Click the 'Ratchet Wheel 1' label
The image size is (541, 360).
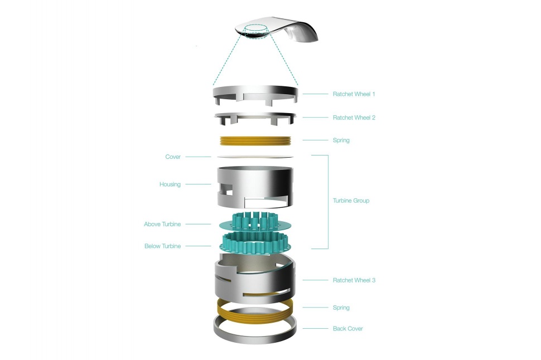point(354,94)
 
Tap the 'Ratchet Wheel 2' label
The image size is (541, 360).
point(354,118)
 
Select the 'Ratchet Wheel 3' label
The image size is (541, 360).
point(354,280)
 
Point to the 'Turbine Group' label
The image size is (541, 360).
point(351,201)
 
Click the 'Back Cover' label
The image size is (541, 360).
point(348,329)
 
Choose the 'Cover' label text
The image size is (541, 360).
point(173,157)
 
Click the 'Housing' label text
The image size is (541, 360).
point(170,184)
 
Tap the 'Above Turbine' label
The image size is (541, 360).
point(162,224)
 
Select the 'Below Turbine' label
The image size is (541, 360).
point(162,246)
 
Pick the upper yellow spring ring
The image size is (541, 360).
point(255,141)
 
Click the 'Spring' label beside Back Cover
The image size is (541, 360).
point(341,308)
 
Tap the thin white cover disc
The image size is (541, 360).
point(255,157)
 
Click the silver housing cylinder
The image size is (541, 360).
point(255,187)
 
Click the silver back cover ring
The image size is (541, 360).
point(255,339)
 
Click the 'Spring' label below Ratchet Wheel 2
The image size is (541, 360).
point(341,140)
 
